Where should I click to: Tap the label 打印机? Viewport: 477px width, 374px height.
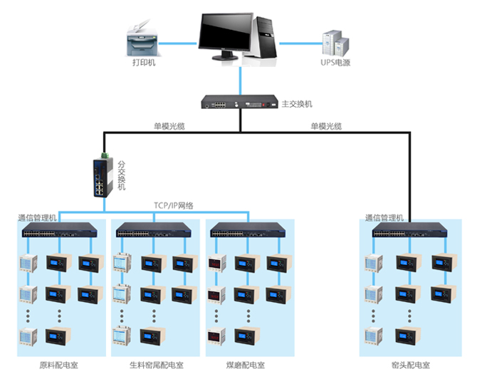pos(143,63)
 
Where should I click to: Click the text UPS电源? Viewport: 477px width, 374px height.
pos(335,63)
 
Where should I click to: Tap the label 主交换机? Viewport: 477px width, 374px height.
pos(297,104)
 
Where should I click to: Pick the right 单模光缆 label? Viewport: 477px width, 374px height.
pos(326,126)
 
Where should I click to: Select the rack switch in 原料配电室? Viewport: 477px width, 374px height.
pos(60,232)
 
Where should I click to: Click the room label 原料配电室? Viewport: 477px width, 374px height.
pos(59,365)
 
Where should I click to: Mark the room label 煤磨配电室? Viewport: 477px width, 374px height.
pos(245,365)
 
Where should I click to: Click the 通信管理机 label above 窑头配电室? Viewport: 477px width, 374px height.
pos(384,217)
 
